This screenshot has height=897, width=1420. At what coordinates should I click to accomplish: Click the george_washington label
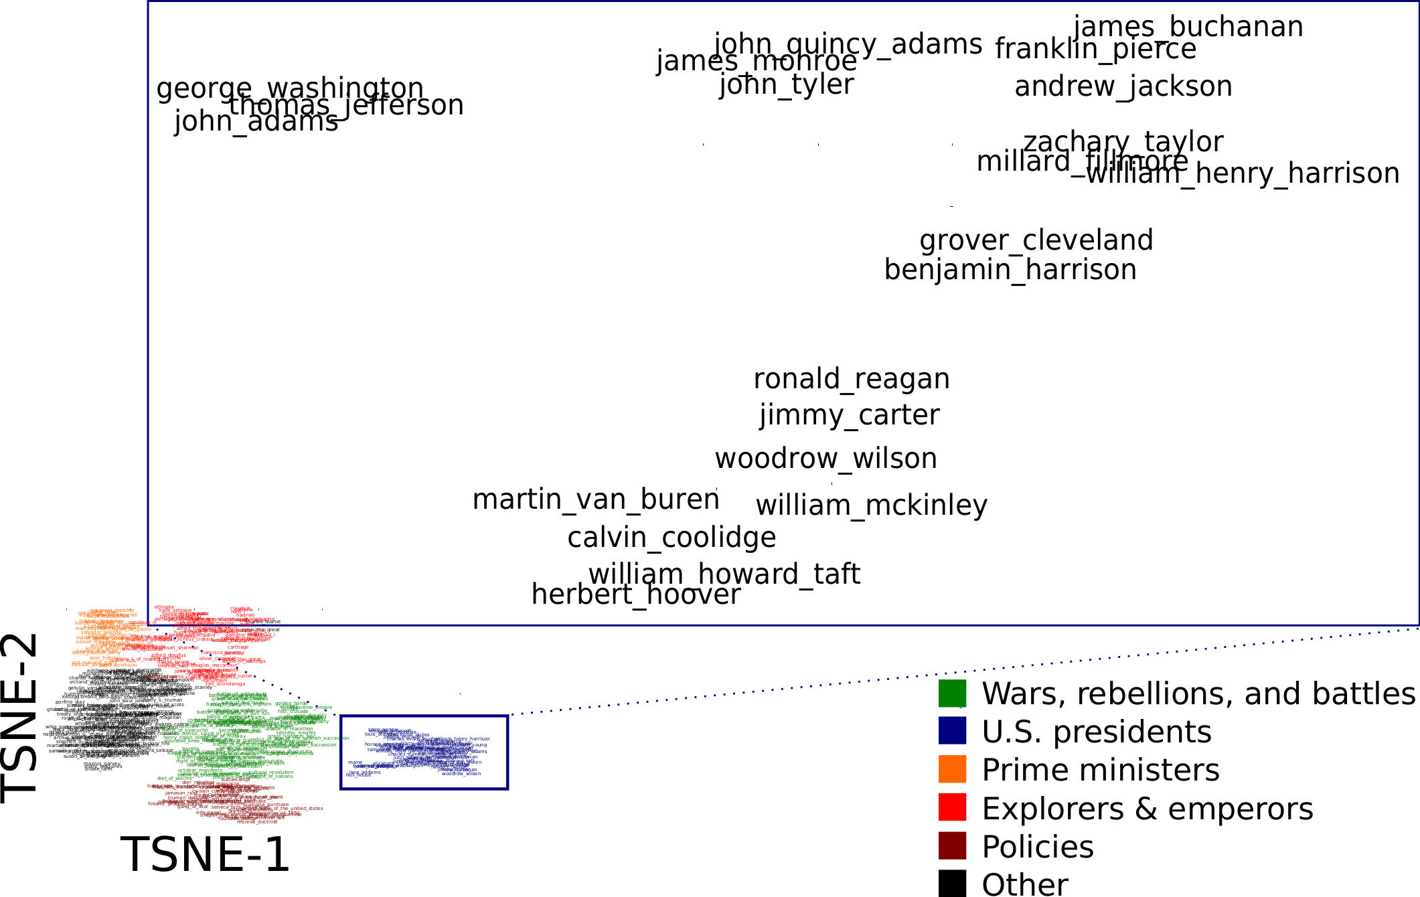point(290,88)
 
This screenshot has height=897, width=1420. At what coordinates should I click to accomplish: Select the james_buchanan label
point(1188,27)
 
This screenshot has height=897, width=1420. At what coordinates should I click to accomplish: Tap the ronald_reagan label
point(852,380)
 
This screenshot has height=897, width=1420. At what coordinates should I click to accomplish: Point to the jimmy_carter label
point(850,416)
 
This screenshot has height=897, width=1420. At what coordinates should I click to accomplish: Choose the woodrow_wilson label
point(826,459)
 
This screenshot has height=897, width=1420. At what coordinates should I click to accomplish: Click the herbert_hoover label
point(636,595)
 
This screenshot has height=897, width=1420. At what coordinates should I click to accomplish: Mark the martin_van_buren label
point(596,500)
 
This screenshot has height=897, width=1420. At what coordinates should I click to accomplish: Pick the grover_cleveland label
point(1036,241)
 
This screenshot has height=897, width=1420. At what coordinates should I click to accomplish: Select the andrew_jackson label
point(1123,87)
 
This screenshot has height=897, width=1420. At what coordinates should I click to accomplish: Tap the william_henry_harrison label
point(1243,174)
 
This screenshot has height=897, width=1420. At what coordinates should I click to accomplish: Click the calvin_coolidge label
point(672,538)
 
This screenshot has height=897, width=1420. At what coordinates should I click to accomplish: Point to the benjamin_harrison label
point(1010,270)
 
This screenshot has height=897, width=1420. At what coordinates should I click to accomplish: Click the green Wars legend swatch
point(952,694)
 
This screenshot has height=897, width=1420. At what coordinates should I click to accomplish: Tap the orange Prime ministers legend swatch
point(952,769)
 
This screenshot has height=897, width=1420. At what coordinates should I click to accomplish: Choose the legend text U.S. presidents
point(1097,732)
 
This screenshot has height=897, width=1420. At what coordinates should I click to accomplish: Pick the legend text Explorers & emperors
point(1148,809)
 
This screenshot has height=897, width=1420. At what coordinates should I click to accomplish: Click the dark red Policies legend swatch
point(952,846)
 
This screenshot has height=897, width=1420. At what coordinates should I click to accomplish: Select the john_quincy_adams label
point(848,45)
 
